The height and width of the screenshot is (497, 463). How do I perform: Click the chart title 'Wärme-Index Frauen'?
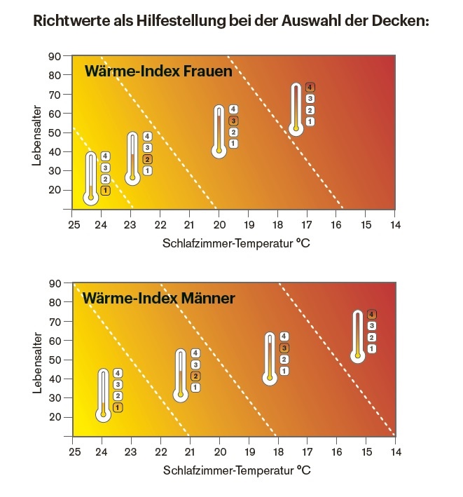[x=158, y=72]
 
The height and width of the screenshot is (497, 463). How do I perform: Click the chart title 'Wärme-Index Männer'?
[x=159, y=298]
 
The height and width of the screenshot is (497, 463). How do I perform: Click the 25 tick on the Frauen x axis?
[x=73, y=224]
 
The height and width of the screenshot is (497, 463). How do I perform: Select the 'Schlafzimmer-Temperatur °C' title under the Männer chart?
[x=236, y=470]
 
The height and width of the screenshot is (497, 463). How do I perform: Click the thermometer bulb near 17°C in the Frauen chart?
[x=296, y=128]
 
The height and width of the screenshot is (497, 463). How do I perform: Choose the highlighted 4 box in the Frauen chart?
[x=310, y=88]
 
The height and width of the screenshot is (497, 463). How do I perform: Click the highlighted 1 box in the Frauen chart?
[x=105, y=191]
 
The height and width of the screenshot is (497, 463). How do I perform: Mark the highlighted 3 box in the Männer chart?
[x=284, y=348]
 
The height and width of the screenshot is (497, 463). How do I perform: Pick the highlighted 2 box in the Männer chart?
[x=195, y=376]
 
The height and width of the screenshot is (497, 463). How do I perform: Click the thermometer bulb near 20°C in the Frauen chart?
[x=219, y=150]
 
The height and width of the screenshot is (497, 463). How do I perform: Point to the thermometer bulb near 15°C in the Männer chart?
[x=358, y=356]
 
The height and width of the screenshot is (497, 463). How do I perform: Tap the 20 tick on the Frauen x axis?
[x=219, y=224]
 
